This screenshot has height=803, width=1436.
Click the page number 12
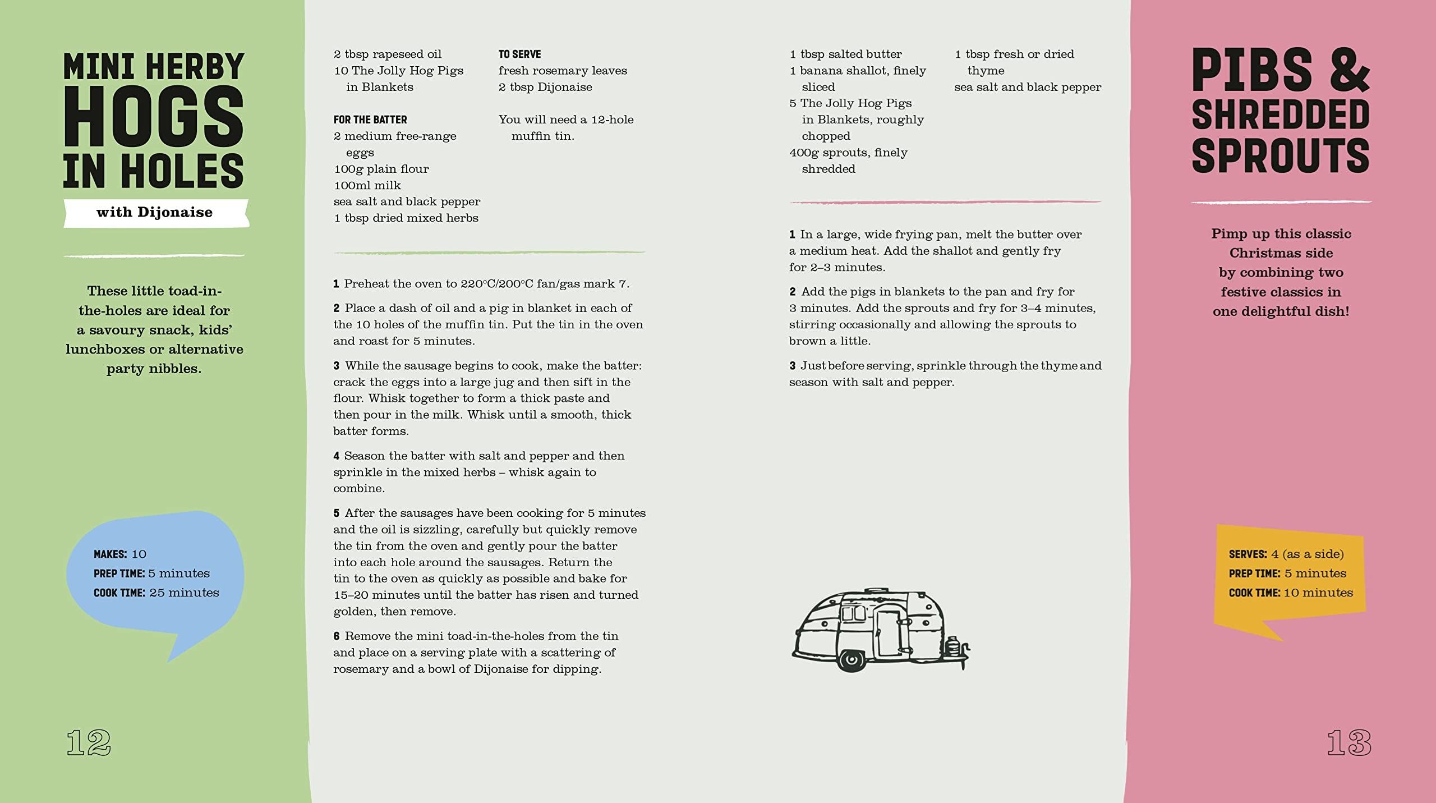tap(89, 742)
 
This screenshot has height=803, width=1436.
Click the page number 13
tap(1348, 742)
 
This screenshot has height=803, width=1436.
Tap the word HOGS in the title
tap(153, 117)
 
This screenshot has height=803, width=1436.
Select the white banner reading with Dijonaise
tap(155, 213)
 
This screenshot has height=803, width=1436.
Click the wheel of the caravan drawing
tap(852, 659)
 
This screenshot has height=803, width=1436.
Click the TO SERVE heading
tap(519, 54)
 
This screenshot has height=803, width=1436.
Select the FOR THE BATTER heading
tap(370, 120)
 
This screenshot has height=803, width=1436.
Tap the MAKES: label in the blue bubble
tap(111, 554)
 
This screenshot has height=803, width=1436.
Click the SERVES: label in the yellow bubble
tap(1248, 554)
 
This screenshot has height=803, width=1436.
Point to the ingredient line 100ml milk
tap(367, 185)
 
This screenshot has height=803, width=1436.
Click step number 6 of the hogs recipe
tap(337, 636)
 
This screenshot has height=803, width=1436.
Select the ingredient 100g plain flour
tap(381, 169)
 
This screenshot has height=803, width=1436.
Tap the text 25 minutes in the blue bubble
tap(184, 593)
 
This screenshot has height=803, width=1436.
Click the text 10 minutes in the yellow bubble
tap(1318, 593)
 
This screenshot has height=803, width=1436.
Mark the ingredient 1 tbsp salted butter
tap(846, 54)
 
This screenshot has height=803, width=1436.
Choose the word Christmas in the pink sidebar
tap(1281, 253)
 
